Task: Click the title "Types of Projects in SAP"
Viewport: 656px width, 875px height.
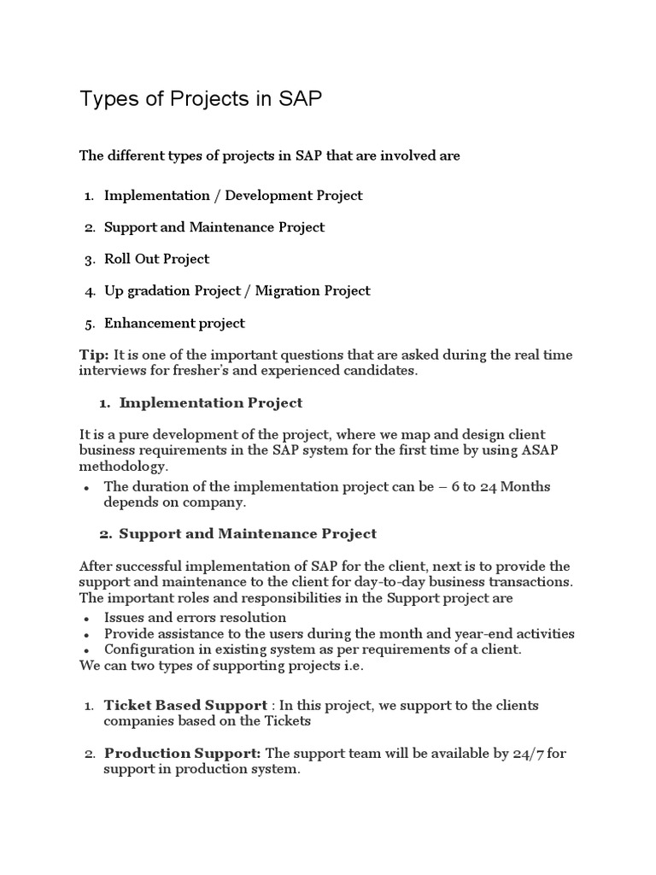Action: tap(201, 99)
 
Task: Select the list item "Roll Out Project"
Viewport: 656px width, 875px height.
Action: tap(156, 259)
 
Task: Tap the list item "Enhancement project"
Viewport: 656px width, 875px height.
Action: tap(174, 323)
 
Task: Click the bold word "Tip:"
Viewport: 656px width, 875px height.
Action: tap(94, 355)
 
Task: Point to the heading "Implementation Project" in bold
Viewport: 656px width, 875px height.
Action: tap(210, 402)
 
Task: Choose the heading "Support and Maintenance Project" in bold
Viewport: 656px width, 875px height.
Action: tap(248, 533)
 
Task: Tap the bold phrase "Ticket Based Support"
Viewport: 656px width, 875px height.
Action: tap(185, 705)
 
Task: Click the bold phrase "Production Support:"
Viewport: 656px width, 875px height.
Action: tap(183, 753)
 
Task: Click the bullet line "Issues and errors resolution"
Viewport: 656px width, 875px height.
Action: tap(195, 617)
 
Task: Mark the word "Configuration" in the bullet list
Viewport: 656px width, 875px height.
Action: tap(146, 649)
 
